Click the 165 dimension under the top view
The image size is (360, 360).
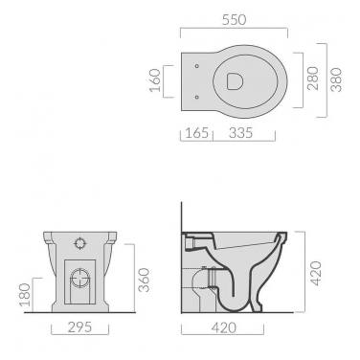pyautogui.click(x=196, y=132)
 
